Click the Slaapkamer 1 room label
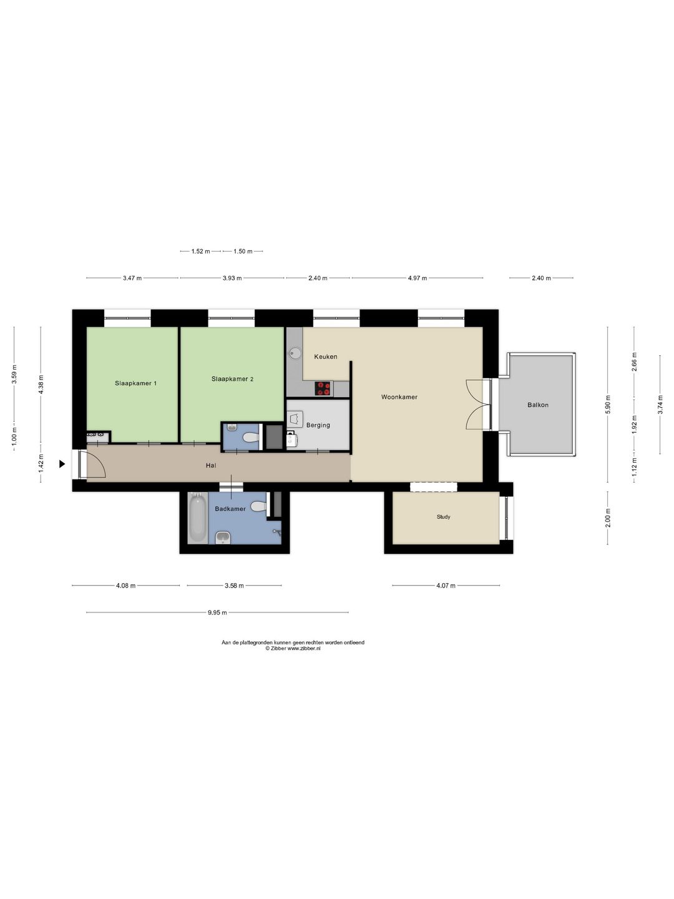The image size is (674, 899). coord(135,383)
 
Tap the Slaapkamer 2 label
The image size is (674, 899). coord(232,379)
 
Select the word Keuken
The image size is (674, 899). coord(326,356)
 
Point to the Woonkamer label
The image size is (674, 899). coord(399,397)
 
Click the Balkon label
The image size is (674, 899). coord(538,405)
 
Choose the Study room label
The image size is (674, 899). coord(443,517)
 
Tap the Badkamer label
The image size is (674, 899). coord(230,509)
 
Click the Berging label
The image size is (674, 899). coord(318,425)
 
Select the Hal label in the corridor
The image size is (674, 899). coord(211,465)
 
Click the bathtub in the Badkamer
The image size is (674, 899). coord(198,518)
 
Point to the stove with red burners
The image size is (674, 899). coord(323,388)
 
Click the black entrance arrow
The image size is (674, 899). coord(62,464)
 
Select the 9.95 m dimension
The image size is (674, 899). coord(217,612)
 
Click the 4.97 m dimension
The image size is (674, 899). coord(418,278)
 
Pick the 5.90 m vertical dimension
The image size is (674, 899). coord(608,405)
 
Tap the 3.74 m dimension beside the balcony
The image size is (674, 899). coord(660,405)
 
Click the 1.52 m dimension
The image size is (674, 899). coord(200,252)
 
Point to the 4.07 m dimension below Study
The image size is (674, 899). coord(446,586)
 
